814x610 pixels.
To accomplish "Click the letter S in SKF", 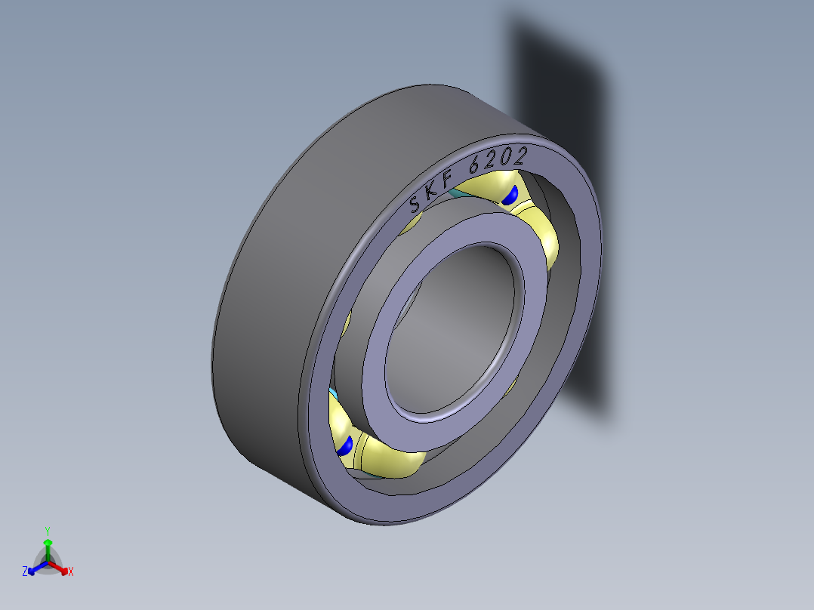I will click(x=415, y=204).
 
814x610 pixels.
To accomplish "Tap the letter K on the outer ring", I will click(x=430, y=191).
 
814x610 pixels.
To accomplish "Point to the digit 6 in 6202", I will click(x=476, y=164).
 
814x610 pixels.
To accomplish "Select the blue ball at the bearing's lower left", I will click(x=345, y=445).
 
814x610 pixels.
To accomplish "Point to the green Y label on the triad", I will click(x=47, y=530).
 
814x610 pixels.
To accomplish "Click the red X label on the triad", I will click(x=71, y=572).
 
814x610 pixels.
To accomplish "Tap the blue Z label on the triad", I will click(x=25, y=572).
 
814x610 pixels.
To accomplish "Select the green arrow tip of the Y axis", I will click(x=48, y=542).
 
